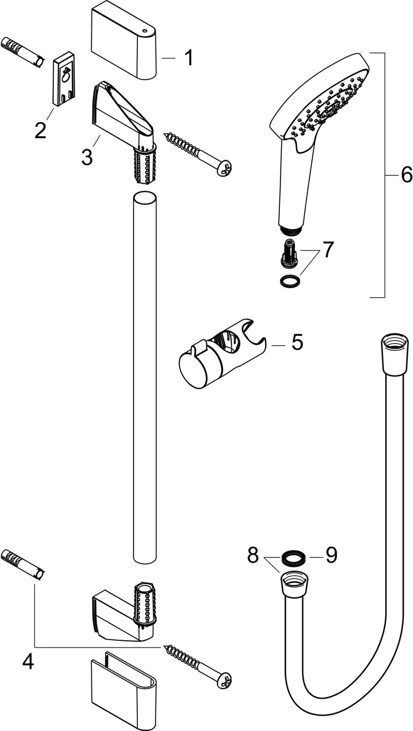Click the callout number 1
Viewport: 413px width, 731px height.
tap(188, 58)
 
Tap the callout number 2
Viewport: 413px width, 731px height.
tap(40, 130)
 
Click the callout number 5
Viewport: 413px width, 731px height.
tap(297, 342)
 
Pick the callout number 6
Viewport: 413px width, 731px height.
tap(406, 175)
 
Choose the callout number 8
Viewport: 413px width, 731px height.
tap(253, 555)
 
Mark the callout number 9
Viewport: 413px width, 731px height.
tap(331, 555)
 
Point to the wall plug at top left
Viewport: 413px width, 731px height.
tap(22, 52)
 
